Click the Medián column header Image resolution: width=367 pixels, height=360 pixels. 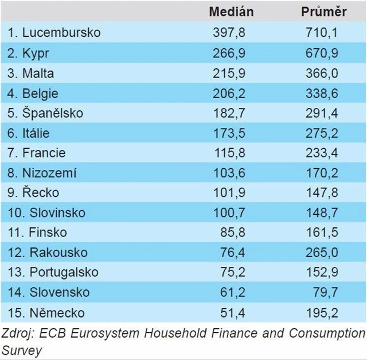point(231,11)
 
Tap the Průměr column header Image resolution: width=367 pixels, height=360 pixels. point(324,11)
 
